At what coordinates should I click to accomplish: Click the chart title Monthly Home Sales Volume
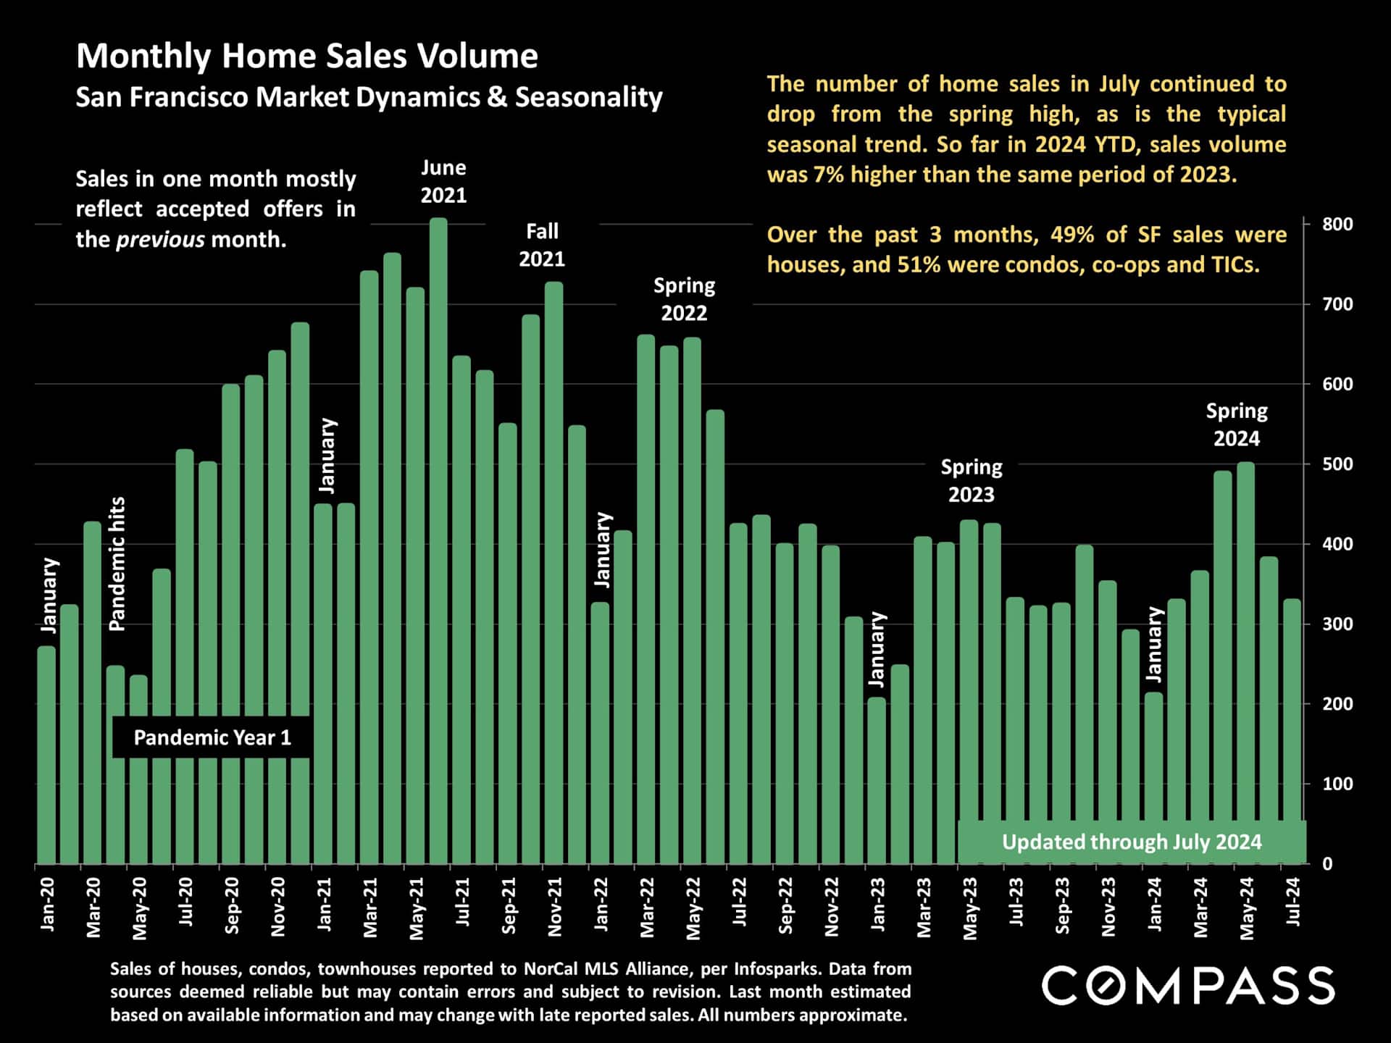(x=307, y=56)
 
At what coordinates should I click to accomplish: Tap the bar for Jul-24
(x=1292, y=732)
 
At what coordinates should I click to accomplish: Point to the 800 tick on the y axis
(x=1337, y=225)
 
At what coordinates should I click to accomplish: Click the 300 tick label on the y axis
(x=1337, y=624)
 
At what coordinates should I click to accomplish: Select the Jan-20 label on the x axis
(x=48, y=904)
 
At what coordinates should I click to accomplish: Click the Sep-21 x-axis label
(x=509, y=905)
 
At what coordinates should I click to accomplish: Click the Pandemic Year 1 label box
(x=212, y=738)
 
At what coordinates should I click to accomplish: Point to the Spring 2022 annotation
(x=684, y=299)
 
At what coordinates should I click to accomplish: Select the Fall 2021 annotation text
(x=542, y=246)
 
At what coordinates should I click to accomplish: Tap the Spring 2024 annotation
(x=1237, y=424)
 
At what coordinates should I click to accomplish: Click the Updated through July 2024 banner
(x=1132, y=842)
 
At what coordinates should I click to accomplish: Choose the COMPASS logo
(x=1188, y=986)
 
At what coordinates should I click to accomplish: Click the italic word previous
(x=160, y=240)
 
